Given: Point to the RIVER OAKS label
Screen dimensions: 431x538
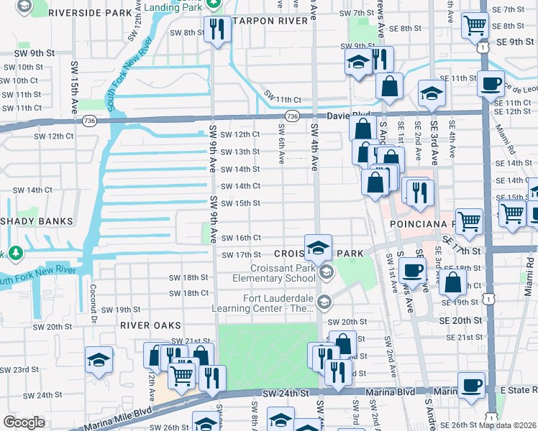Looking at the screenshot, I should pyautogui.click(x=150, y=325).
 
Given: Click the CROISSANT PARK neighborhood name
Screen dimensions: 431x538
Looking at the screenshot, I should pyautogui.click(x=321, y=254).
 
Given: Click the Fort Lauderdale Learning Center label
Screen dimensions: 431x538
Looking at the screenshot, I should pyautogui.click(x=267, y=302).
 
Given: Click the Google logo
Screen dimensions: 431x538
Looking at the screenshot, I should pyautogui.click(x=24, y=422).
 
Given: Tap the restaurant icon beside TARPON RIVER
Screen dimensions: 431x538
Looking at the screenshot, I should pyautogui.click(x=216, y=29).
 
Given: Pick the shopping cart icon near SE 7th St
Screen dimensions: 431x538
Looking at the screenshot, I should pyautogui.click(x=475, y=26).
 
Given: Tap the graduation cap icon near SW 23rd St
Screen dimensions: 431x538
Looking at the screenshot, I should pyautogui.click(x=99, y=361).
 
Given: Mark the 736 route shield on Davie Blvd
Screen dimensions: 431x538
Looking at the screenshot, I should pyautogui.click(x=291, y=116).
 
